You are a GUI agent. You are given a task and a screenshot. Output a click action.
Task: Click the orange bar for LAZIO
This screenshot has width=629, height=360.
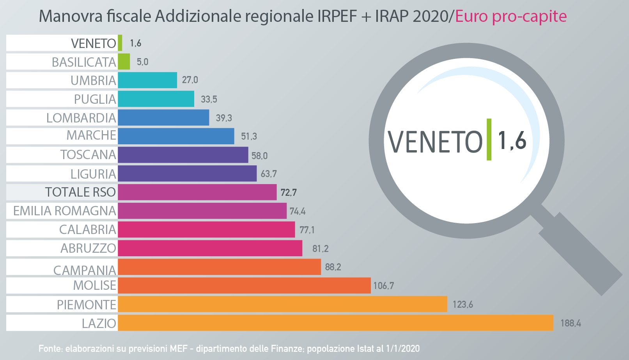[x=335, y=323]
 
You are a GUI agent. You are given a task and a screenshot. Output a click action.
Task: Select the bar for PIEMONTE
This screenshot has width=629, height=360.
[x=282, y=304]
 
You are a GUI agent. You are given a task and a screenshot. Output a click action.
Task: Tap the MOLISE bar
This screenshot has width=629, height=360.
[x=244, y=286]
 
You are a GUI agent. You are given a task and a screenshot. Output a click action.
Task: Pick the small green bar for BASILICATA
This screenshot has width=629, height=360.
[x=124, y=62]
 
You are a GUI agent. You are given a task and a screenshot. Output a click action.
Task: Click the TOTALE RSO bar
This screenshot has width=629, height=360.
[x=197, y=192]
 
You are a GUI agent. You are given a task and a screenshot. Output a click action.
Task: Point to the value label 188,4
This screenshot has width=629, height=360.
[x=571, y=323]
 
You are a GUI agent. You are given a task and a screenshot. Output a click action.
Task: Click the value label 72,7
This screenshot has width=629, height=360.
[x=289, y=192]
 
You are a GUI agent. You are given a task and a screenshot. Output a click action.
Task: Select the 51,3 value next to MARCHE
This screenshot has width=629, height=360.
[x=249, y=136]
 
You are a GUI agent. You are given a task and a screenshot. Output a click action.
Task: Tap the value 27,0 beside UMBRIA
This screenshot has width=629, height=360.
[x=190, y=80]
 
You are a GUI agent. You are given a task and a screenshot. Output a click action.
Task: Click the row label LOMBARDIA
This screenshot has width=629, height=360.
[x=81, y=118]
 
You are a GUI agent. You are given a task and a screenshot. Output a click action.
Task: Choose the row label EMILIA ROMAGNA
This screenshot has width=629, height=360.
[x=65, y=211]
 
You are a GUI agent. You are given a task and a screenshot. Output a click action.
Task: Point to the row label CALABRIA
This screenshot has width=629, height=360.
[x=88, y=229]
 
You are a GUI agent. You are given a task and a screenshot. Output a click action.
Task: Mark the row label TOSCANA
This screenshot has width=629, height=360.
[x=88, y=154]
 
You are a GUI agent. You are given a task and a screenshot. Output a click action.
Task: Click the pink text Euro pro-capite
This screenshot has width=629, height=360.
[x=511, y=16]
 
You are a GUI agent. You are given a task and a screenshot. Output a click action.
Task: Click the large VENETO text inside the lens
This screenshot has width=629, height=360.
[x=435, y=141]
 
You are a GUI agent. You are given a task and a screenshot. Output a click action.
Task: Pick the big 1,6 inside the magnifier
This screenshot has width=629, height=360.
[x=512, y=140]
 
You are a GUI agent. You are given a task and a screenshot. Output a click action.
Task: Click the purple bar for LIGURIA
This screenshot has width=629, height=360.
[x=187, y=174]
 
